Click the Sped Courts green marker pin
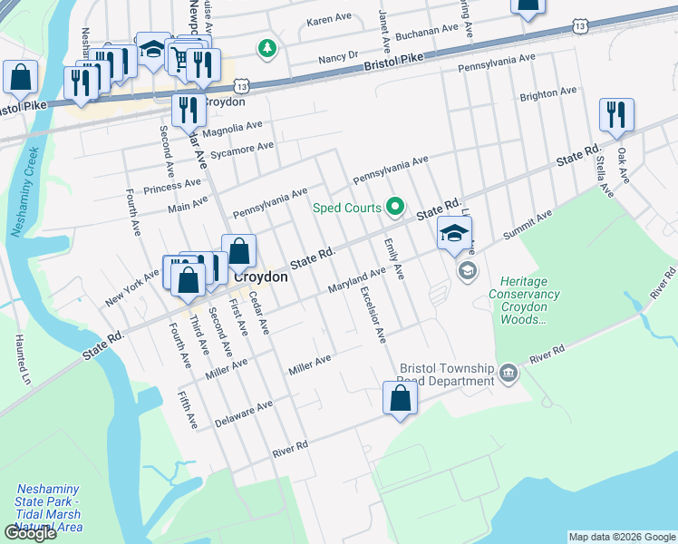(x=394, y=208)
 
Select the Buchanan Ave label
(x=423, y=29)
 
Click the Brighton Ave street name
(x=547, y=93)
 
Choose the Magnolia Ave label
(x=231, y=128)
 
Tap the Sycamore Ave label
(x=241, y=147)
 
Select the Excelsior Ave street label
(x=372, y=315)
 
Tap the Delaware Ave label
(x=243, y=414)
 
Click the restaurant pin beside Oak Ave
(x=615, y=114)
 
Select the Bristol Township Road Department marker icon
(x=508, y=373)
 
